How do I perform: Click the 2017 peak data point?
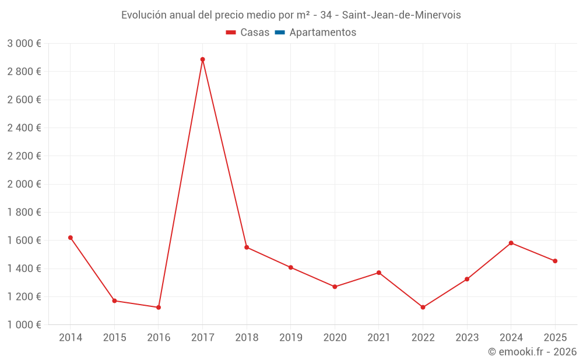click(202, 59)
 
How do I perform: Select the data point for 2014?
click(71, 238)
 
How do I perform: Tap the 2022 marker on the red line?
click(423, 308)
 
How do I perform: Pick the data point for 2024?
click(511, 243)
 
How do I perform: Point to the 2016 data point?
click(159, 308)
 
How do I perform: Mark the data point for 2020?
click(335, 287)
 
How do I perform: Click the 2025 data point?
click(555, 261)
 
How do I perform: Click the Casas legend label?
click(255, 33)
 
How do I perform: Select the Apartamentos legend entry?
click(322, 33)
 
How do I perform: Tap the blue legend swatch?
click(279, 33)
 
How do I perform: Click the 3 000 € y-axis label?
click(24, 44)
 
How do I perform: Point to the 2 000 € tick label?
click(24, 184)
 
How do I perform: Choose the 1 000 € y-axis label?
click(24, 325)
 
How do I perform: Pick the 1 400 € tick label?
click(24, 268)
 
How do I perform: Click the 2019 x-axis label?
click(290, 338)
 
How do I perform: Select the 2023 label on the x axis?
click(466, 338)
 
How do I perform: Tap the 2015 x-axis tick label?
click(114, 338)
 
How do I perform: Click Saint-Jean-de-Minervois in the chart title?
click(401, 15)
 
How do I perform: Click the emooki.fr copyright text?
click(532, 352)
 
